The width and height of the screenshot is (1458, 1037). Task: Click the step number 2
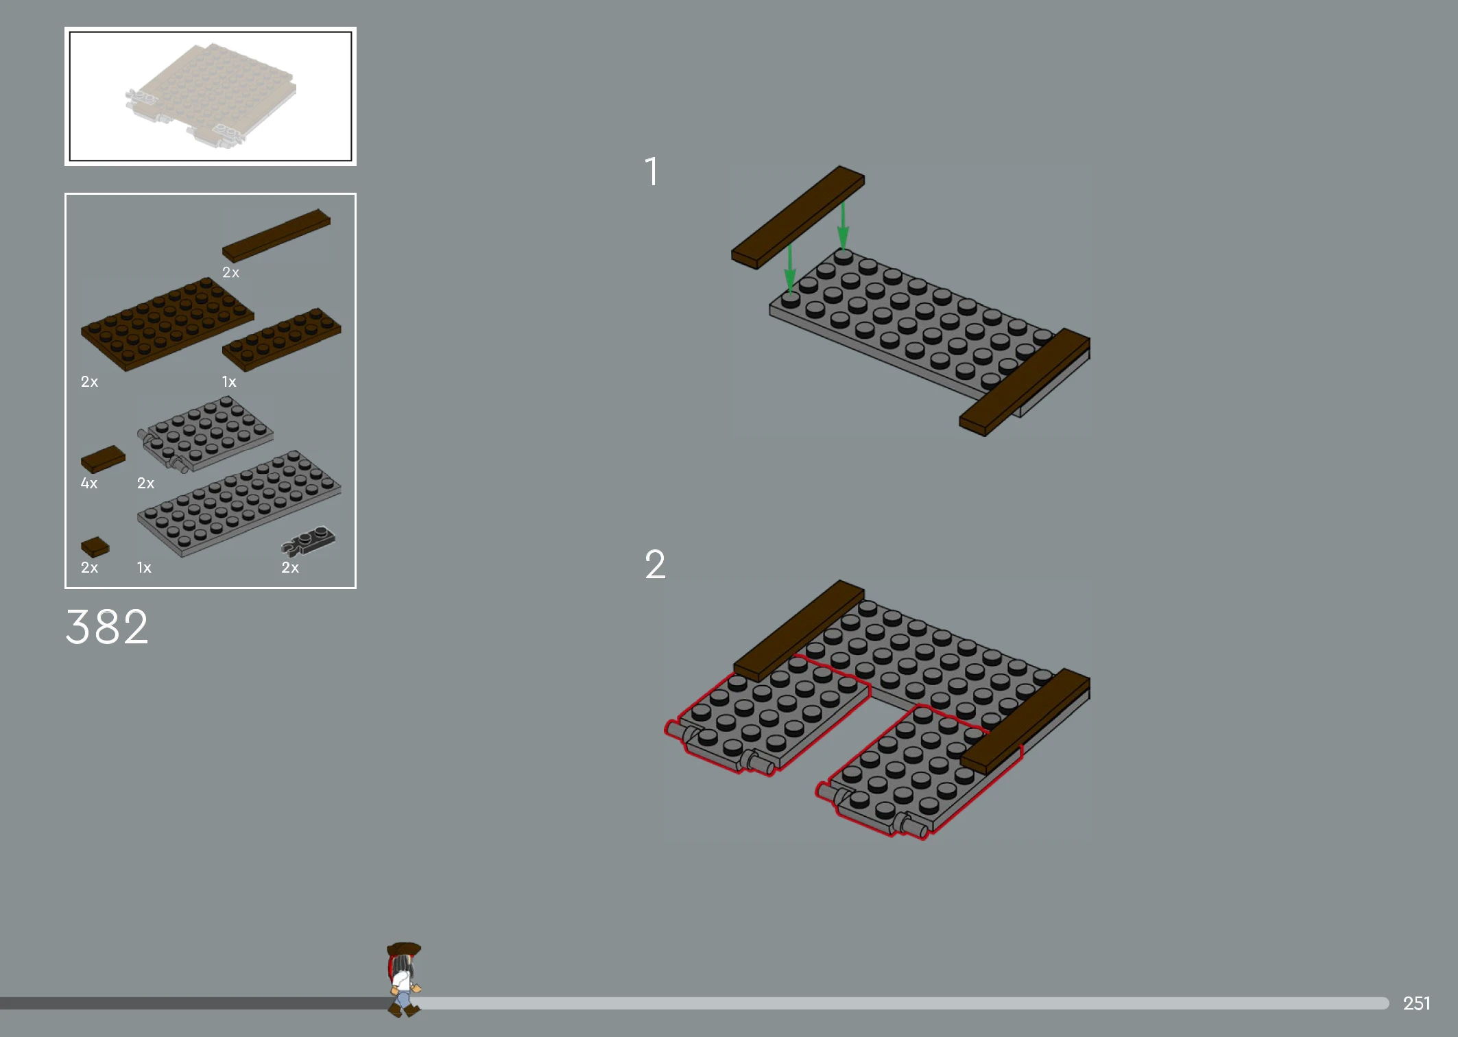(x=656, y=564)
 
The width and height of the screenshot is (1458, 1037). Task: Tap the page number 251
(x=1417, y=1003)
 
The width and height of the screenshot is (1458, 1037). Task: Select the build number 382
(x=107, y=626)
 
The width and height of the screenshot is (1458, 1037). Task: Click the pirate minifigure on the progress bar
(x=404, y=979)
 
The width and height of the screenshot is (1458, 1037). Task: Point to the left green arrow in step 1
(x=790, y=269)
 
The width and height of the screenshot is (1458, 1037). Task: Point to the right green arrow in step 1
(x=843, y=225)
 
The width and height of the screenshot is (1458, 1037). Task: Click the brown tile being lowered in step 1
(x=798, y=217)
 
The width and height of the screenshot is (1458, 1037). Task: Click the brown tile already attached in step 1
(x=1025, y=381)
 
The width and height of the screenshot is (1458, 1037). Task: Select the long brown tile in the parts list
(x=276, y=235)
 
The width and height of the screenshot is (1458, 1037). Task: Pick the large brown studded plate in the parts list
(x=167, y=324)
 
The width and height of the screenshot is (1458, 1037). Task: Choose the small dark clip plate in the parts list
(x=309, y=540)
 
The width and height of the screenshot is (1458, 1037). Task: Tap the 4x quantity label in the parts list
(x=89, y=484)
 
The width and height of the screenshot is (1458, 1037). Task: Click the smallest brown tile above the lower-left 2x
(x=95, y=547)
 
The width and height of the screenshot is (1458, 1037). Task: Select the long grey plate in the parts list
(x=239, y=503)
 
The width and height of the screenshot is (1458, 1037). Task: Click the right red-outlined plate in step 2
(x=919, y=772)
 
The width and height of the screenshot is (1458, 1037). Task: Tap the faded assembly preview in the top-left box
(x=211, y=96)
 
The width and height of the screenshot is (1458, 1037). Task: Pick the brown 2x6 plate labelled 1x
(x=282, y=339)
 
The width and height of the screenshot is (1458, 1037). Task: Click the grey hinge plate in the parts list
(x=206, y=434)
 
